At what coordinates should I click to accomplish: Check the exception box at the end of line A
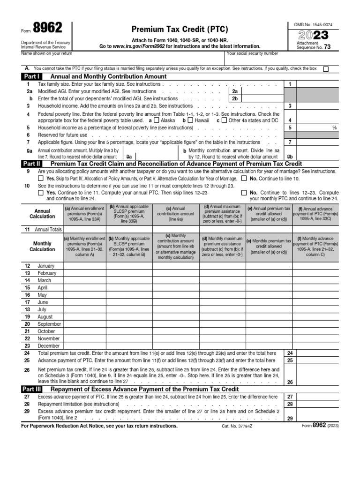(x=326, y=69)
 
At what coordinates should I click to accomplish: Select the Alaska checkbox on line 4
(x=157, y=120)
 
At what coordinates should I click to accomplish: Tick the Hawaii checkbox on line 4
(x=190, y=120)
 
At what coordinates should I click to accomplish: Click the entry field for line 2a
(x=263, y=91)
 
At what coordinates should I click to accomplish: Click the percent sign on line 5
(x=335, y=127)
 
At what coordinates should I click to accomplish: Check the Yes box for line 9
(x=40, y=179)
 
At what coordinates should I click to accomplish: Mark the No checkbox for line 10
(x=244, y=192)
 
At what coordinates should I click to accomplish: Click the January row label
(x=46, y=266)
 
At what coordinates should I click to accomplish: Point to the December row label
(x=48, y=345)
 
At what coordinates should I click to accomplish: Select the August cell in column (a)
(x=85, y=316)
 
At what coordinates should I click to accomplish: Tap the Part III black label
(x=32, y=389)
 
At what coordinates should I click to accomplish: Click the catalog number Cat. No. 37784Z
(x=236, y=426)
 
